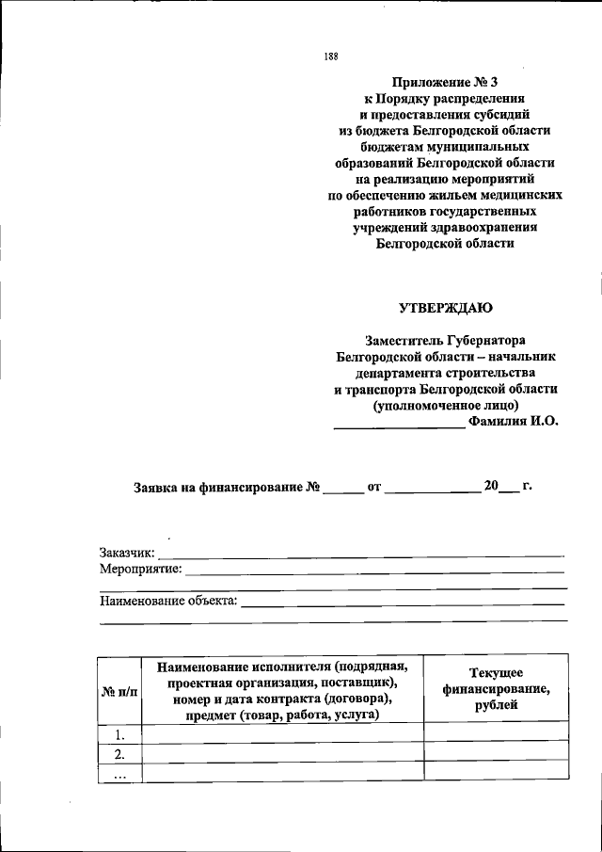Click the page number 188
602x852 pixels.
click(x=330, y=56)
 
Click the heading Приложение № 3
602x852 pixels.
click(x=445, y=82)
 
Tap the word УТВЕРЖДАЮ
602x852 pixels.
click(x=446, y=307)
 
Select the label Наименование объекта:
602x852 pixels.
click(x=168, y=599)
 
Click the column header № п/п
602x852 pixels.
click(x=119, y=692)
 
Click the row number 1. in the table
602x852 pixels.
click(x=119, y=733)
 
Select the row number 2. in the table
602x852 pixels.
click(x=119, y=753)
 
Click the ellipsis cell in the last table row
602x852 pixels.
click(x=119, y=772)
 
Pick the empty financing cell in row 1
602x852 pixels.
click(x=496, y=732)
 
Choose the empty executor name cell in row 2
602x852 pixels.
click(x=282, y=753)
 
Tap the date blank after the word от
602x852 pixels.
click(x=432, y=490)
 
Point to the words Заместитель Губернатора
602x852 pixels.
click(x=446, y=340)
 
